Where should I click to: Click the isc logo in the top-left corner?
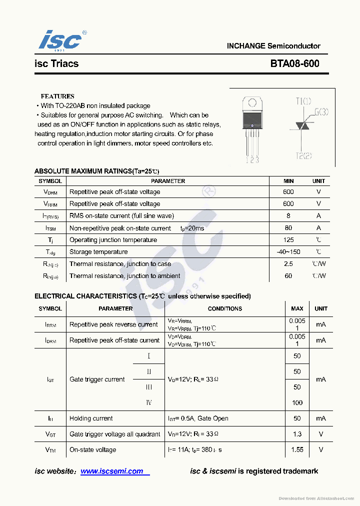(60, 40)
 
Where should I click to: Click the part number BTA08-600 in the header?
(294, 63)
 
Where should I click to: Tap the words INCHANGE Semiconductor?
(273, 46)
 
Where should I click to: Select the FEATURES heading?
(57, 96)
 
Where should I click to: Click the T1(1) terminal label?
(303, 101)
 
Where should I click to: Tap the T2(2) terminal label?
(303, 155)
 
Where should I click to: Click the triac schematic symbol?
(303, 127)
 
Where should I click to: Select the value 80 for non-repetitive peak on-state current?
(288, 228)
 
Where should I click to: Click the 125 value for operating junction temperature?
(288, 240)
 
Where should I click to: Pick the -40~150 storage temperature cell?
(288, 252)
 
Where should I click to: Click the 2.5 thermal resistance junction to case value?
(288, 264)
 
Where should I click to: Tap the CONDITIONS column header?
(224, 309)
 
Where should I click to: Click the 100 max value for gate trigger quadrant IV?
(297, 402)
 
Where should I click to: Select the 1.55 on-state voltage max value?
(297, 449)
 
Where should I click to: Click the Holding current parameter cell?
(91, 418)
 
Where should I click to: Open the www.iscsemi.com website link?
(112, 471)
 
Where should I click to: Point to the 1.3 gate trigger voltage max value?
(297, 434)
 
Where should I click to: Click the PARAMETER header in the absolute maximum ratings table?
(168, 181)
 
